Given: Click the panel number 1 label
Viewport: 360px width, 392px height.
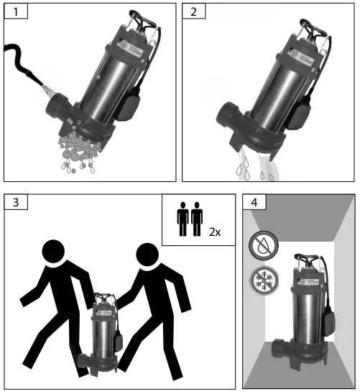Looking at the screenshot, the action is coord(16,12).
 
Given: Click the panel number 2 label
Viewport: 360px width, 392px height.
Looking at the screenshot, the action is coord(193,12).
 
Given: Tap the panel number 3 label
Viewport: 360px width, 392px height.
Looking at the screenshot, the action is coord(16,202).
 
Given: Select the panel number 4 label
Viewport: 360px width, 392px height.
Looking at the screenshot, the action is coord(254,202).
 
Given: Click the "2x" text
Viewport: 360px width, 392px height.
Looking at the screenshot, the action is coord(215,232).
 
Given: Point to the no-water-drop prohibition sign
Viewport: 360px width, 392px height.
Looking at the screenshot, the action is coord(264,245).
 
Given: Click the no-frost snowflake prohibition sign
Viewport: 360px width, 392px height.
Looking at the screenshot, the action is coord(264,281).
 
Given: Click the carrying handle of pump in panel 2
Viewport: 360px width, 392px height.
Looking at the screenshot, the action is coord(313,27).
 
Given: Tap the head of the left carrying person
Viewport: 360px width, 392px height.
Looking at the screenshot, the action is coord(53,251).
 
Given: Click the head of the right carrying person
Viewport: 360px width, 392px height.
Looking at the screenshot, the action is coord(147,254).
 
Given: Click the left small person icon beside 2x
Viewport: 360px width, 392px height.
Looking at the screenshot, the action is coord(183,219).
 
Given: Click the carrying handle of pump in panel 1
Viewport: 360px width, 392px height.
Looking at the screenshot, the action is coord(143,19).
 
